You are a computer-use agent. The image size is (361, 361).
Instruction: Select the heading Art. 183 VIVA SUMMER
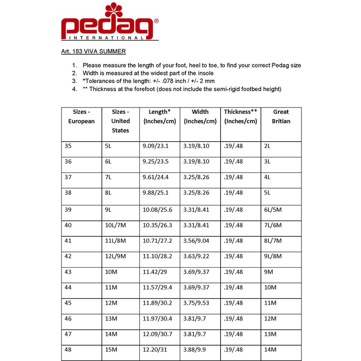click(93, 51)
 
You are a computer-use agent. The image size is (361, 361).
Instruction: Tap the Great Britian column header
click(281, 116)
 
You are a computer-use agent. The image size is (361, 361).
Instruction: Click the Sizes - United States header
click(120, 121)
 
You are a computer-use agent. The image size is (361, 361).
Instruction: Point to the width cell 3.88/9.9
click(194, 350)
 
